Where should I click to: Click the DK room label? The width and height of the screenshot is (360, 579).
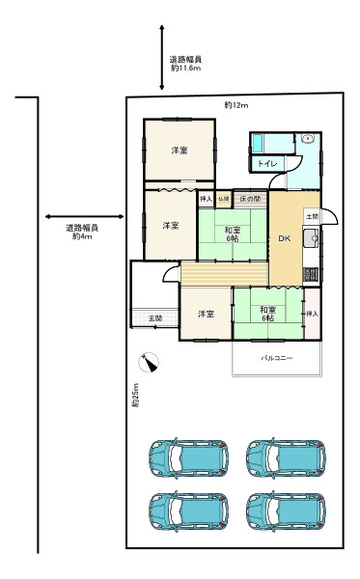click(284, 239)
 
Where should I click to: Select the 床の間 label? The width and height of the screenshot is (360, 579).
click(249, 199)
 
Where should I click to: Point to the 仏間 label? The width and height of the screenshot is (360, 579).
click(223, 199)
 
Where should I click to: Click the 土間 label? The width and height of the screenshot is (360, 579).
click(311, 216)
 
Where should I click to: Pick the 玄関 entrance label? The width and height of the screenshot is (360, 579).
click(154, 317)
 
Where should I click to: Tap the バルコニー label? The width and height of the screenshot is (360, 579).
click(277, 358)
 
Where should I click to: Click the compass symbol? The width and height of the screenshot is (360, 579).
click(149, 363)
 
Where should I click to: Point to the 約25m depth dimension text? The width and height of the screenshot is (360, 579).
click(135, 396)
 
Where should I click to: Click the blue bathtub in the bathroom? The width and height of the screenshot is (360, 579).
click(268, 143)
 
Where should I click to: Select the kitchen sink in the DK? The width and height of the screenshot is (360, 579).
click(311, 240)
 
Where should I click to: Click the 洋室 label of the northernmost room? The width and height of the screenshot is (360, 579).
click(180, 151)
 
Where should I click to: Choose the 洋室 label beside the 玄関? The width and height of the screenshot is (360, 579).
click(206, 315)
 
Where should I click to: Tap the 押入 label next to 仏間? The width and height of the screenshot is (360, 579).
click(206, 199)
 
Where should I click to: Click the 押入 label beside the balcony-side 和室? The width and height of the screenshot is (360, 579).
click(312, 315)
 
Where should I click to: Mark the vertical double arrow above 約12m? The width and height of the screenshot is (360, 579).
click(162, 58)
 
